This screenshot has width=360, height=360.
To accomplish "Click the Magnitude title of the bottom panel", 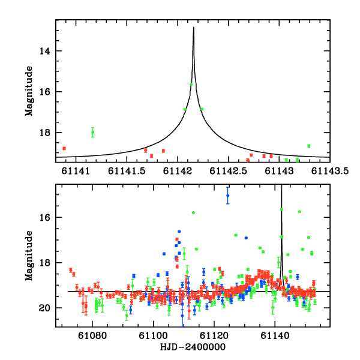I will (28, 255).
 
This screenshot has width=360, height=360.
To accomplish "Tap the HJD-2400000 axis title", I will (194, 347).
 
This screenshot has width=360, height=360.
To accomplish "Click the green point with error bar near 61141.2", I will (92, 132).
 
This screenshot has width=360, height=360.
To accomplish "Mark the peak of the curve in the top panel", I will (193, 27).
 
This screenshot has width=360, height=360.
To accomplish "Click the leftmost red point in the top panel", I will (64, 148).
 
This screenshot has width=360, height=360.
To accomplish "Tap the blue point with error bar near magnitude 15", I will (228, 196).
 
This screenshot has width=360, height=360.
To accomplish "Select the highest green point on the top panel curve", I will (191, 84).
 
